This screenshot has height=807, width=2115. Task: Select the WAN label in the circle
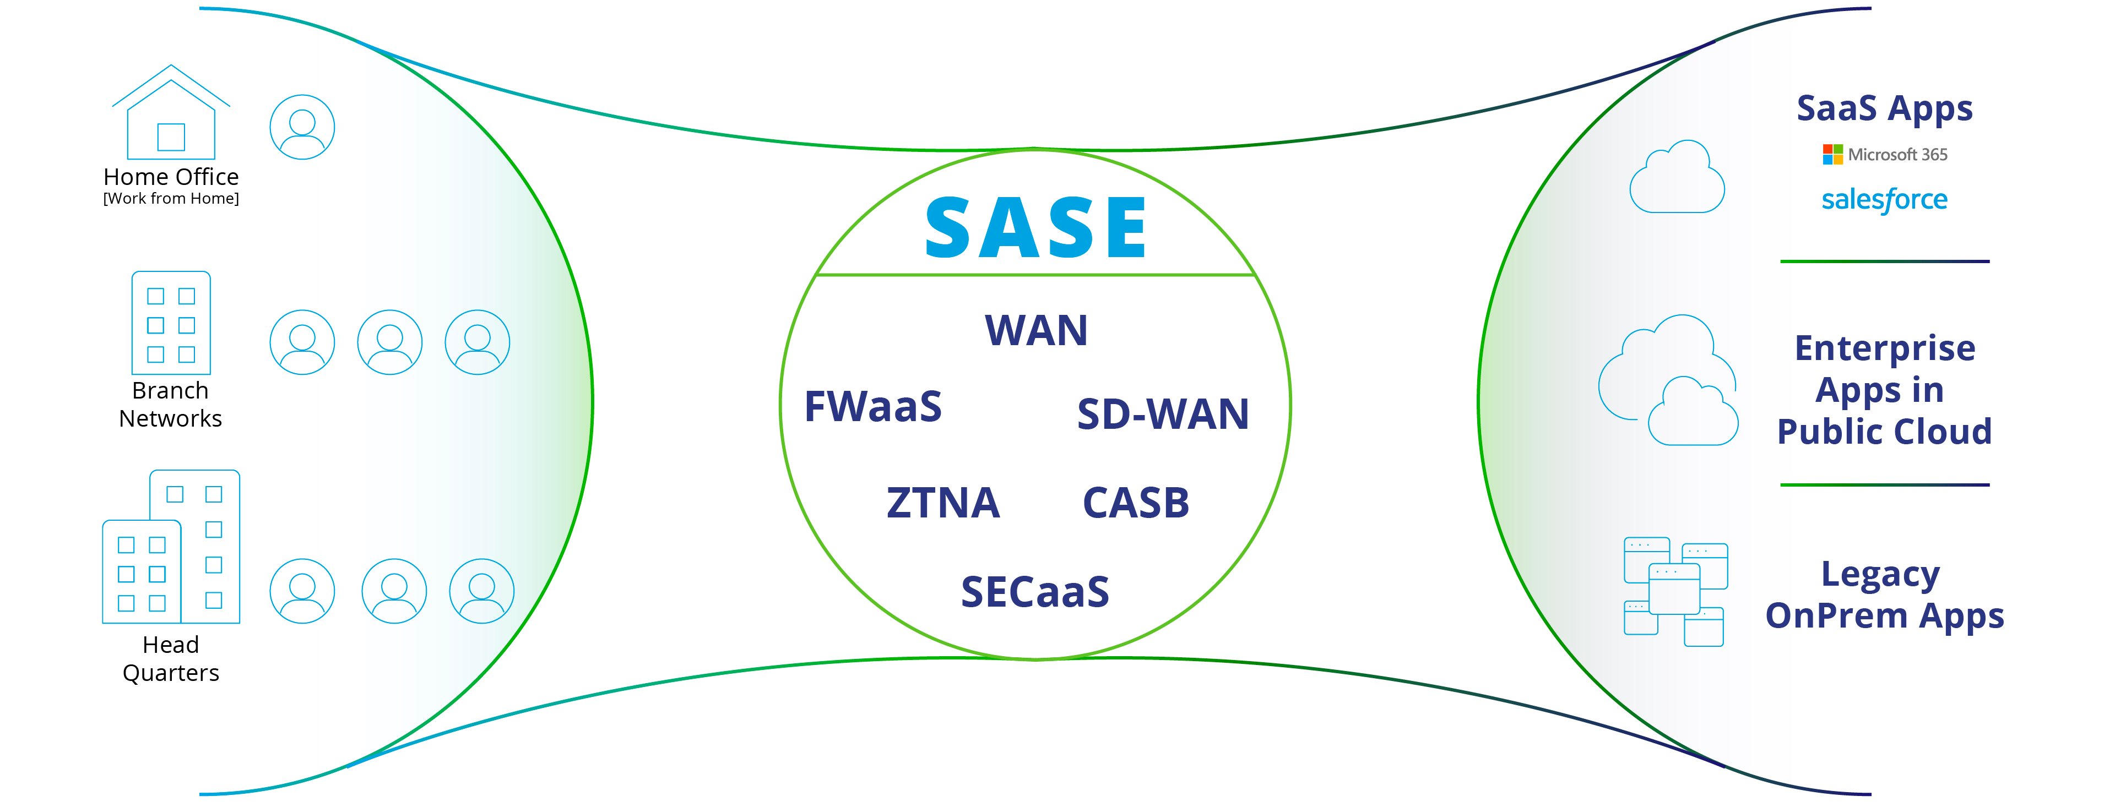pyautogui.click(x=1036, y=331)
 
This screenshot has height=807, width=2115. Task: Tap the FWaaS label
pyautogui.click(x=873, y=406)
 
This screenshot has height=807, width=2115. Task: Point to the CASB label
pyautogui.click(x=1136, y=503)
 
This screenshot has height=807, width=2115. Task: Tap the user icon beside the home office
pyautogui.click(x=302, y=127)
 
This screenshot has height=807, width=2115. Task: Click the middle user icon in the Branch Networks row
pyautogui.click(x=390, y=342)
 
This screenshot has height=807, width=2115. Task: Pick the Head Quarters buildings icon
pyautogui.click(x=171, y=547)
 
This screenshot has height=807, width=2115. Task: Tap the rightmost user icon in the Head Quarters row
pyautogui.click(x=482, y=591)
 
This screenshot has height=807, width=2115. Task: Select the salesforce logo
pyautogui.click(x=1884, y=199)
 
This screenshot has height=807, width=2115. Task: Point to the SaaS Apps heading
pyautogui.click(x=1884, y=108)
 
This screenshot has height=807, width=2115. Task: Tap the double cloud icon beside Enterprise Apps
pyautogui.click(x=1668, y=380)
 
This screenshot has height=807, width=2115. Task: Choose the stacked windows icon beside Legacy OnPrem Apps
pyautogui.click(x=1675, y=592)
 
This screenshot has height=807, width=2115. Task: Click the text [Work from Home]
pyautogui.click(x=171, y=199)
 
